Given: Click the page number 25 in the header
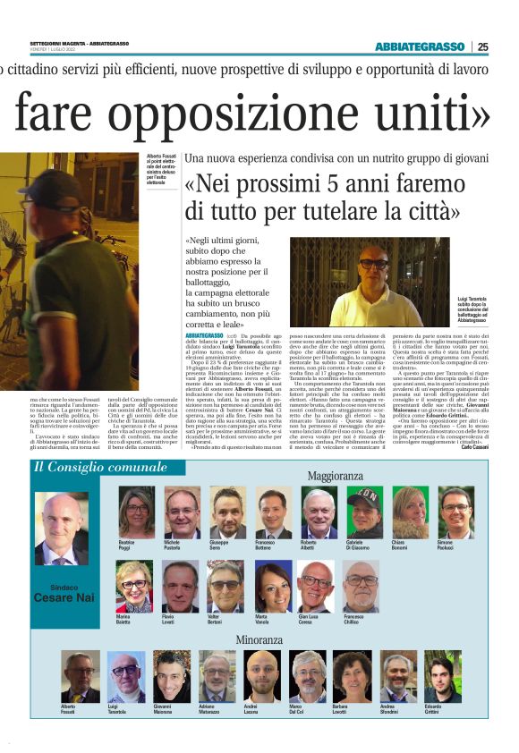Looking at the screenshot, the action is click(x=483, y=47).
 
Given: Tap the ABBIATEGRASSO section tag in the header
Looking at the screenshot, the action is click(x=417, y=47).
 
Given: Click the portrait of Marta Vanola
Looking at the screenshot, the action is click(x=272, y=587).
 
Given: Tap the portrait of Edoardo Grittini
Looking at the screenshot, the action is click(x=440, y=677).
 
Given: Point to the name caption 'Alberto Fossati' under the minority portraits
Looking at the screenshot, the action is click(x=72, y=709).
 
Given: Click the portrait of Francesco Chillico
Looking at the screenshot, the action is click(x=362, y=587).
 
